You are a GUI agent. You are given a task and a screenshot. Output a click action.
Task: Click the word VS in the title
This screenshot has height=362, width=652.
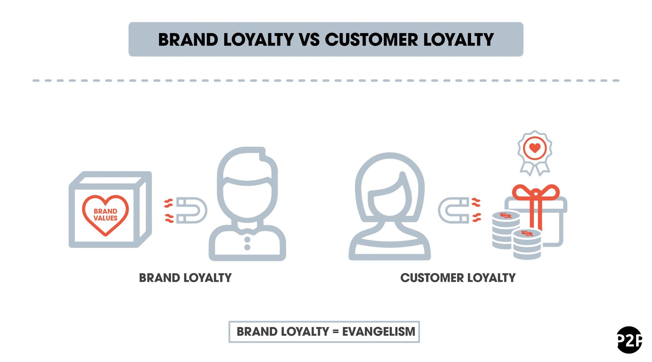[309, 40]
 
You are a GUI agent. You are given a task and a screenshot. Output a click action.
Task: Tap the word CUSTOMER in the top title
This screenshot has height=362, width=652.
[371, 40]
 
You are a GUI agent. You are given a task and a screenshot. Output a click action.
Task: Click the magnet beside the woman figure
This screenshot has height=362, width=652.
[453, 210]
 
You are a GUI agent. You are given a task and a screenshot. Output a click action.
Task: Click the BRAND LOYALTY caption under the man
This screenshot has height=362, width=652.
[185, 278]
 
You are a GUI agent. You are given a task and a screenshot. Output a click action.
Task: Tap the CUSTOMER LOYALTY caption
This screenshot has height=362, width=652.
[458, 278]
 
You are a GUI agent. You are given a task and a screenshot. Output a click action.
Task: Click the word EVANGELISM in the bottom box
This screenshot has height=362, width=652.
[379, 331]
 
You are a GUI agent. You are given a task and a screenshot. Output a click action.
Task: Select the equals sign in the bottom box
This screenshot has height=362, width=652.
[335, 332]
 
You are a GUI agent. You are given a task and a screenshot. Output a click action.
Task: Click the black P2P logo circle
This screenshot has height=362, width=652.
[629, 340]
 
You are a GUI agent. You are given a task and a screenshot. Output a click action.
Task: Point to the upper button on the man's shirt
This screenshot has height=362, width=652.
[247, 239]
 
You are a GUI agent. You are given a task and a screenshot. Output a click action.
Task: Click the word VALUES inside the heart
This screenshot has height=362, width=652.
[105, 218]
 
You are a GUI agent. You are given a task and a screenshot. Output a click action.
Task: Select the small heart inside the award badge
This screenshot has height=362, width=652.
[535, 148]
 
